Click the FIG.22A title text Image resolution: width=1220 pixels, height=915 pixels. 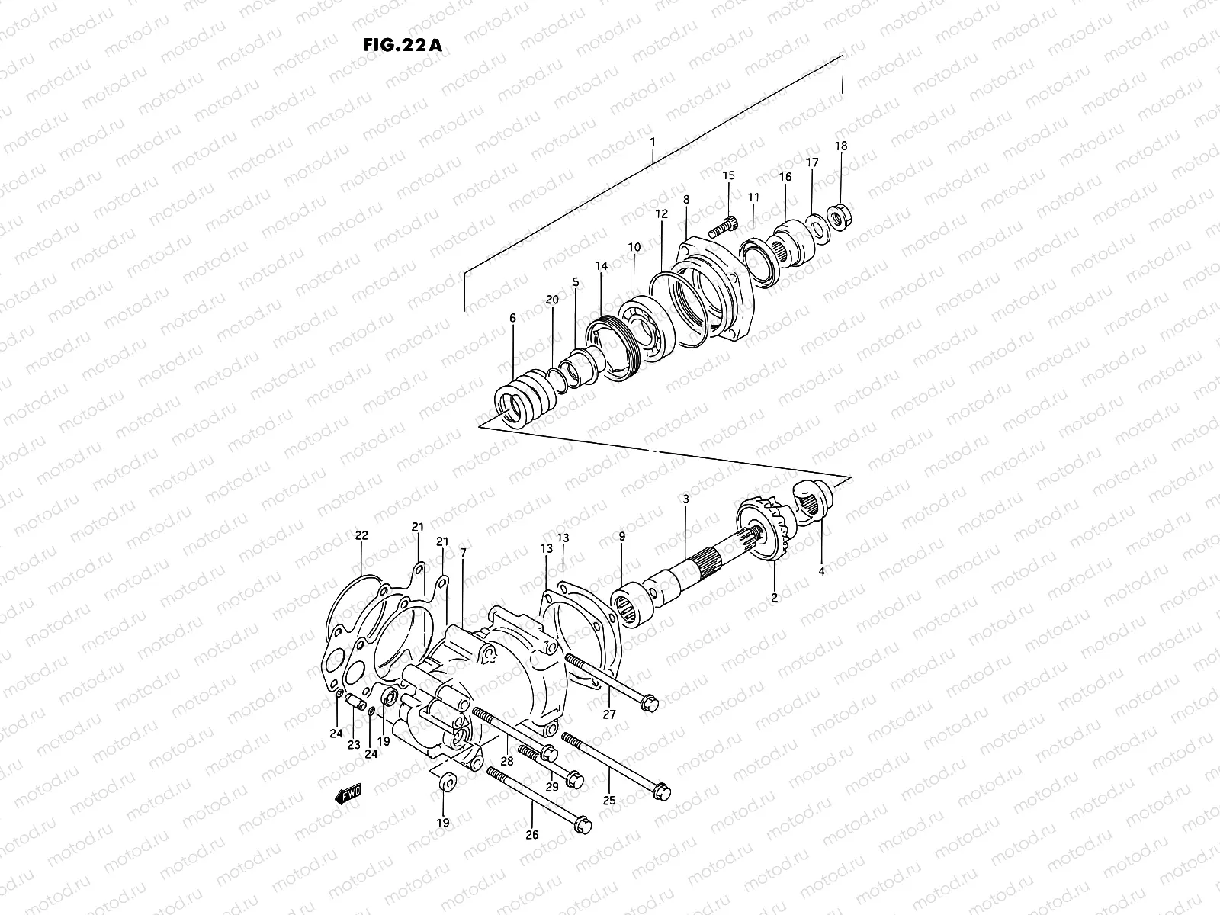click(403, 43)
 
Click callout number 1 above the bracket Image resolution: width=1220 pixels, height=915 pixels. click(653, 142)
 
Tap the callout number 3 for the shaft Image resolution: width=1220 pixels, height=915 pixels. click(685, 499)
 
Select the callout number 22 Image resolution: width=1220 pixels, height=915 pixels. click(361, 535)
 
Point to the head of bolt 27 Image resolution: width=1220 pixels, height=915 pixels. click(649, 701)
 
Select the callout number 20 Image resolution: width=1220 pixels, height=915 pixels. click(552, 300)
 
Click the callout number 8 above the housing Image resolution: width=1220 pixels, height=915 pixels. click(685, 199)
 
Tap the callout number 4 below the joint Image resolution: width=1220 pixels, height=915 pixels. click(821, 570)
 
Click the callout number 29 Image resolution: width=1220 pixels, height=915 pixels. click(552, 786)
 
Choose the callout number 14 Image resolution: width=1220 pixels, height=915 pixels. click(602, 266)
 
